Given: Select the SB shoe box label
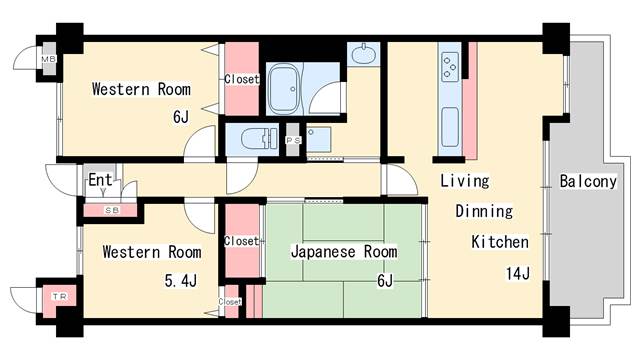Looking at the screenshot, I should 112,210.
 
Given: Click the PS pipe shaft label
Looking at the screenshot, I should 293,140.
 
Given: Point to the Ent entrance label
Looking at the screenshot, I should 100,180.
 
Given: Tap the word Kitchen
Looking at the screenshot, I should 500,242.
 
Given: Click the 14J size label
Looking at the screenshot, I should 517,272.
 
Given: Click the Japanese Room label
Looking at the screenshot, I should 343,252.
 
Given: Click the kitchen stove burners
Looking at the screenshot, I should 448,64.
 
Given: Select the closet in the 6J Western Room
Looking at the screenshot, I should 241,79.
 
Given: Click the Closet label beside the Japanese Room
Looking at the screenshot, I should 241,241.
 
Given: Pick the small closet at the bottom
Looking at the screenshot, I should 231,301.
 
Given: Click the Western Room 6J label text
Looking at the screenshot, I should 140,89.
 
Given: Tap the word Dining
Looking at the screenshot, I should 484,212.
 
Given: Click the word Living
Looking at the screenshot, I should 466,181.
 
